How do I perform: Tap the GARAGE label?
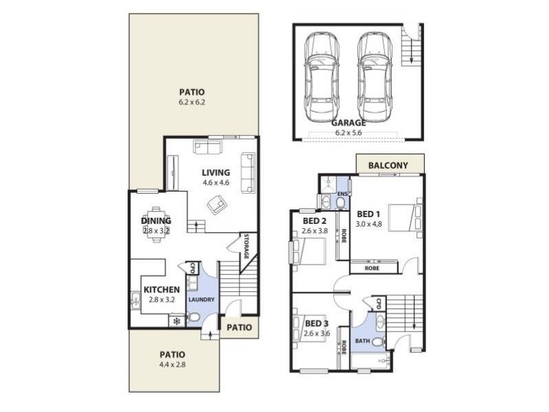(348, 124)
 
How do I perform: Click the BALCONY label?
(388, 165)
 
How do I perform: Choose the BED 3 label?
(316, 323)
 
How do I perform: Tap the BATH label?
(362, 341)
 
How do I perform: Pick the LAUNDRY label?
(201, 299)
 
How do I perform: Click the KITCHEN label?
(162, 290)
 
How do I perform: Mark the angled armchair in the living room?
(218, 205)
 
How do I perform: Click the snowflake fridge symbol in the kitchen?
(176, 321)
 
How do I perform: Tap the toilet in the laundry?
(194, 317)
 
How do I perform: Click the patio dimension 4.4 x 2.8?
(173, 365)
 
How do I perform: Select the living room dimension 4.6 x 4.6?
(215, 183)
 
